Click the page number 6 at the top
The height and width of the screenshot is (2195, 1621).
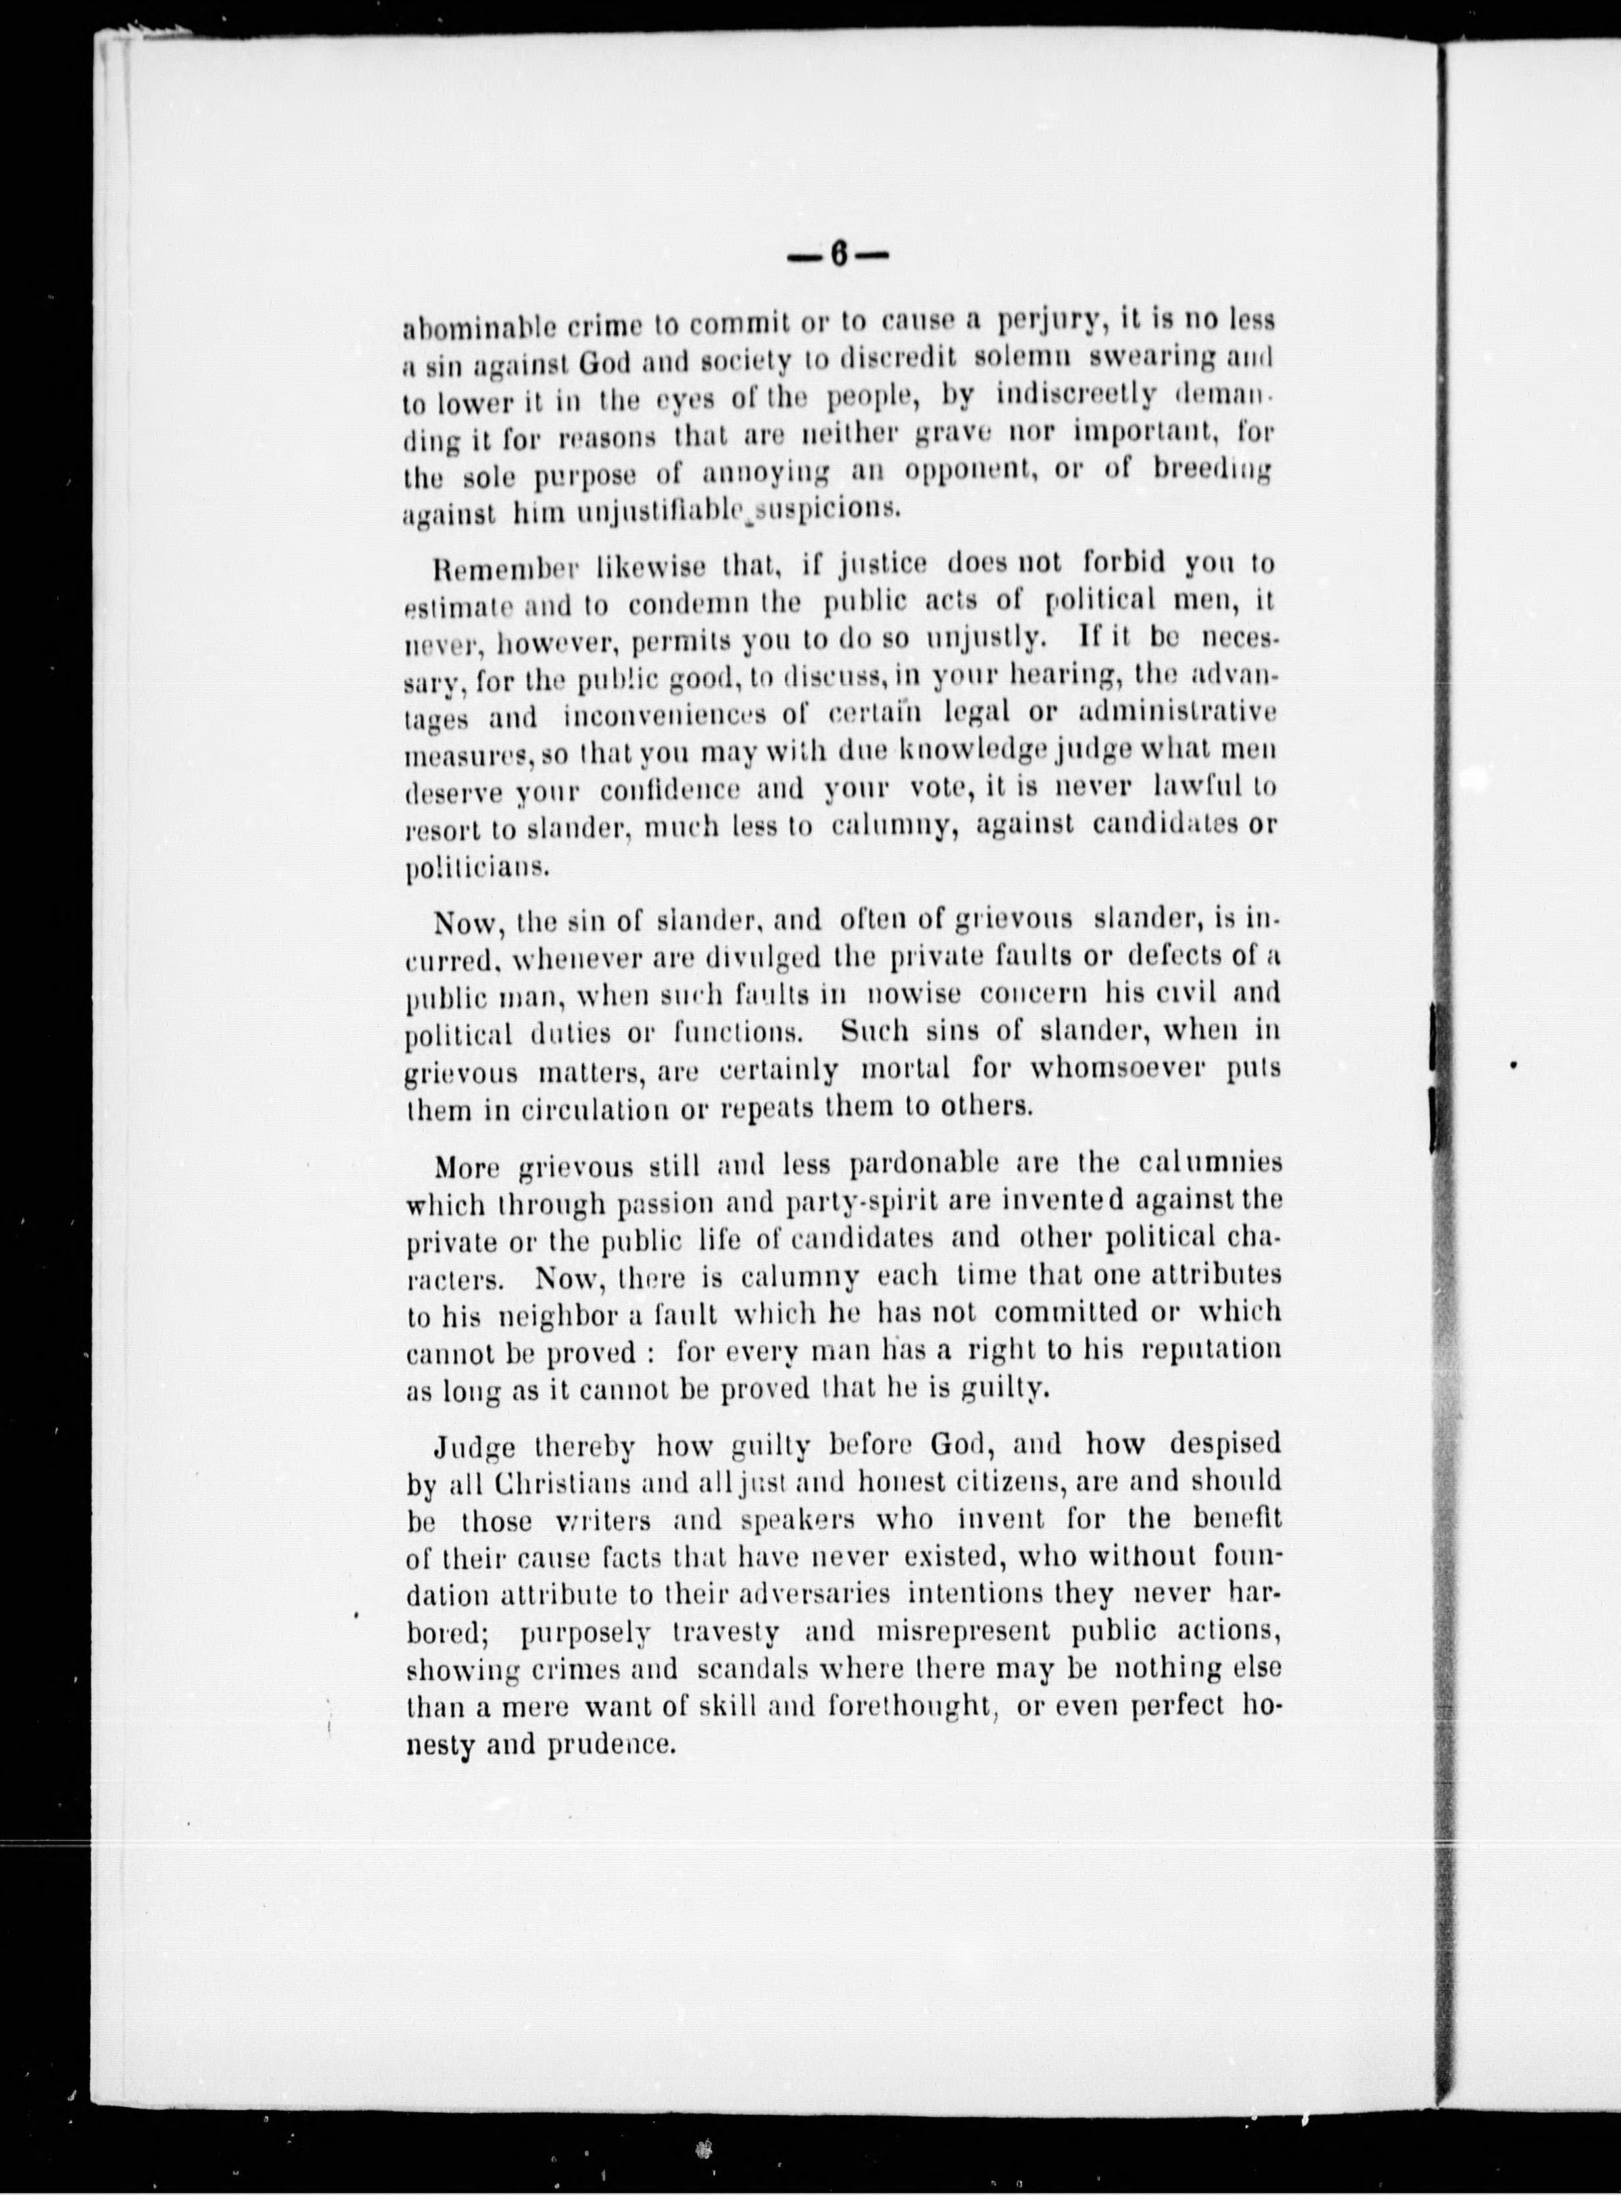[x=839, y=256]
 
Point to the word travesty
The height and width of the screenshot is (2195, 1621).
[x=727, y=1632]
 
